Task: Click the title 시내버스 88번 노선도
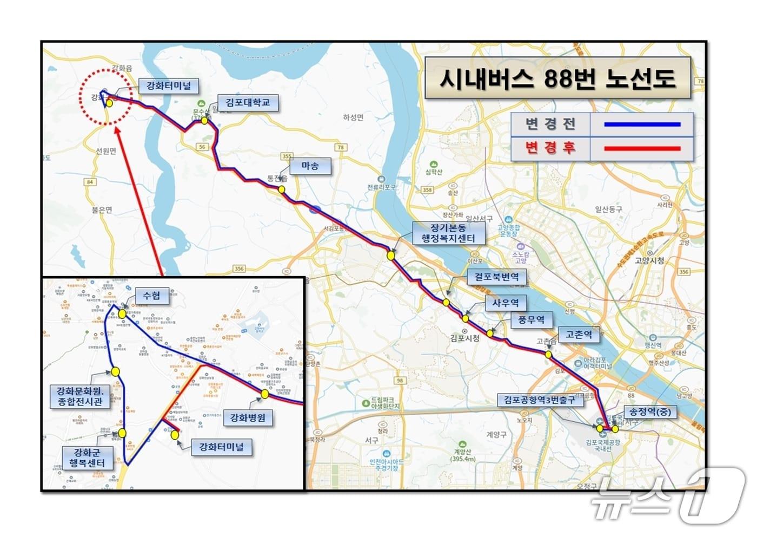(557, 79)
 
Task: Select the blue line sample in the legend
(642, 125)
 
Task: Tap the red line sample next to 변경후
(642, 148)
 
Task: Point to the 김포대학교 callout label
(248, 102)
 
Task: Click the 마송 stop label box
(310, 166)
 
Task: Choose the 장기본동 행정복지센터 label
(448, 233)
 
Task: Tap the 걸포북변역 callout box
(496, 277)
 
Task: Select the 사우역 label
(506, 303)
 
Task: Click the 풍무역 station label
(531, 319)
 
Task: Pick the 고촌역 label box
(579, 335)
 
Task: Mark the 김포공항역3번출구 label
(540, 400)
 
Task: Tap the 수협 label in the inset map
(151, 295)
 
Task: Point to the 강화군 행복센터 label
(87, 457)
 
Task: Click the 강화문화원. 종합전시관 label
(80, 396)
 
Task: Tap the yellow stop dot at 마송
(281, 189)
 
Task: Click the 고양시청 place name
(649, 260)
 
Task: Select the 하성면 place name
(353, 117)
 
